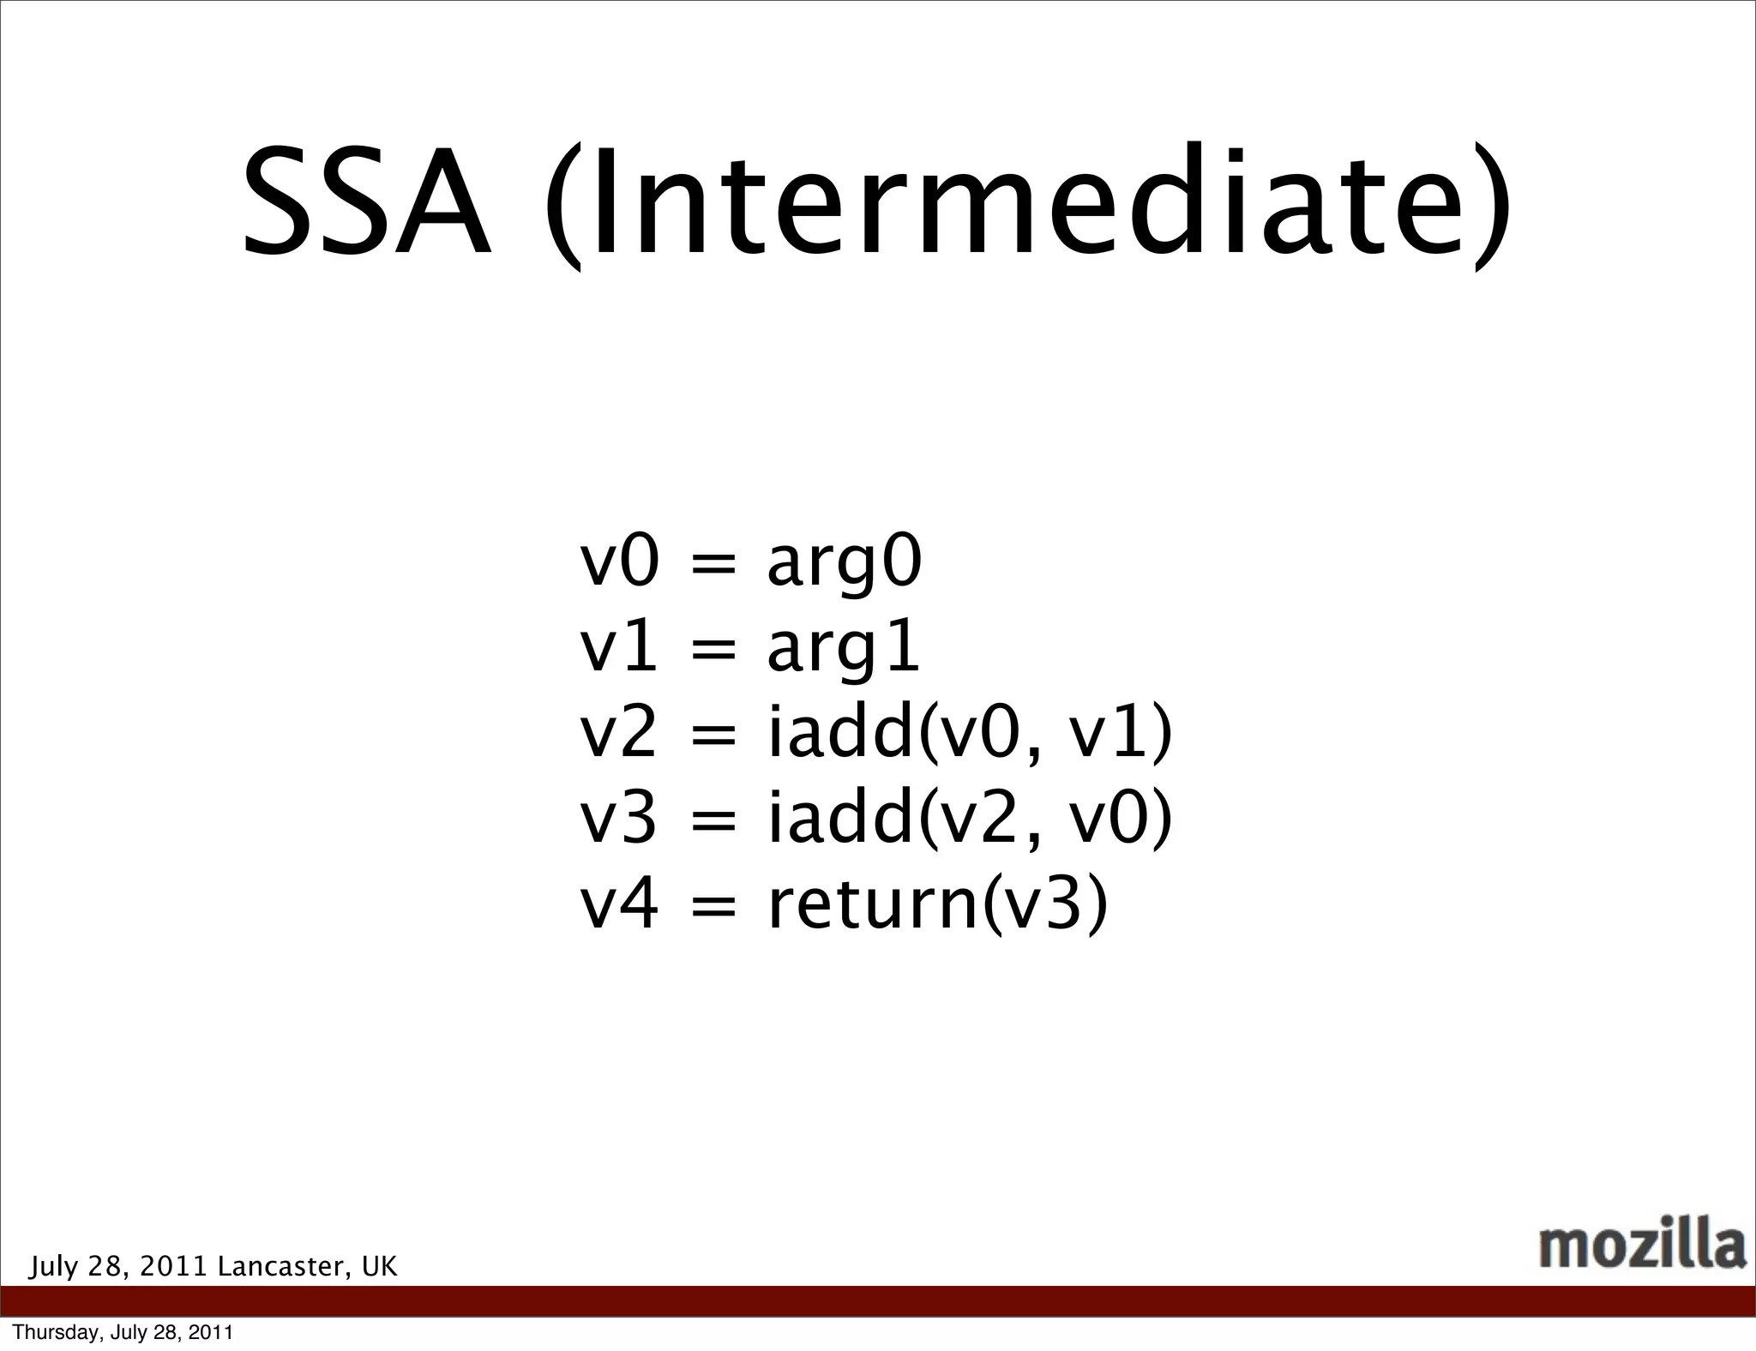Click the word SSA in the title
tap(367, 204)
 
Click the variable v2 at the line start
tap(619, 735)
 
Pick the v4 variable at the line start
tap(619, 905)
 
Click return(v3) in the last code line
tap(937, 905)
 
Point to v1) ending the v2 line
tap(1120, 735)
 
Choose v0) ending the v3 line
tap(1120, 820)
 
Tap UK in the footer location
tap(379, 1267)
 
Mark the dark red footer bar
tap(878, 1301)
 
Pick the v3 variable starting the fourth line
tap(619, 820)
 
